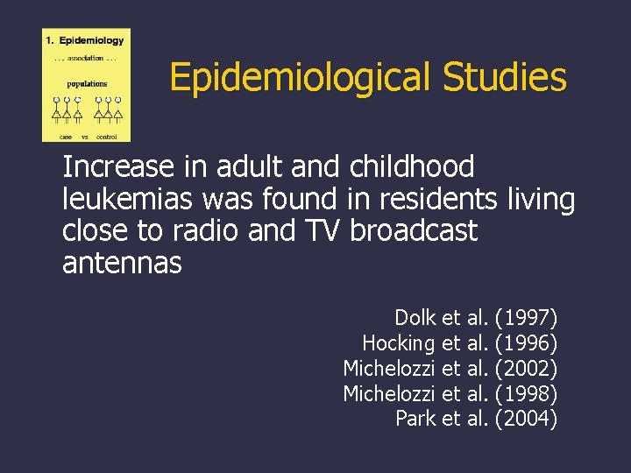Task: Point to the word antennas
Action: point(122,263)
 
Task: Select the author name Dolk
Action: point(415,317)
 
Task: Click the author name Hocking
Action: point(399,342)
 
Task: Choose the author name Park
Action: point(416,419)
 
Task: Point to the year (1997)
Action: point(527,317)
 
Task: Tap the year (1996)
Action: point(527,342)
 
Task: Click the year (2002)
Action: point(527,368)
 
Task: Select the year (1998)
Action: point(527,393)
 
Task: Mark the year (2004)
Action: point(527,419)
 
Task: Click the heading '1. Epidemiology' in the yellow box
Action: point(85,40)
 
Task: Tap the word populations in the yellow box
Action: point(87,84)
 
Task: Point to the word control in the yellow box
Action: point(106,137)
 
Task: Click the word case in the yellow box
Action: point(65,137)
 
